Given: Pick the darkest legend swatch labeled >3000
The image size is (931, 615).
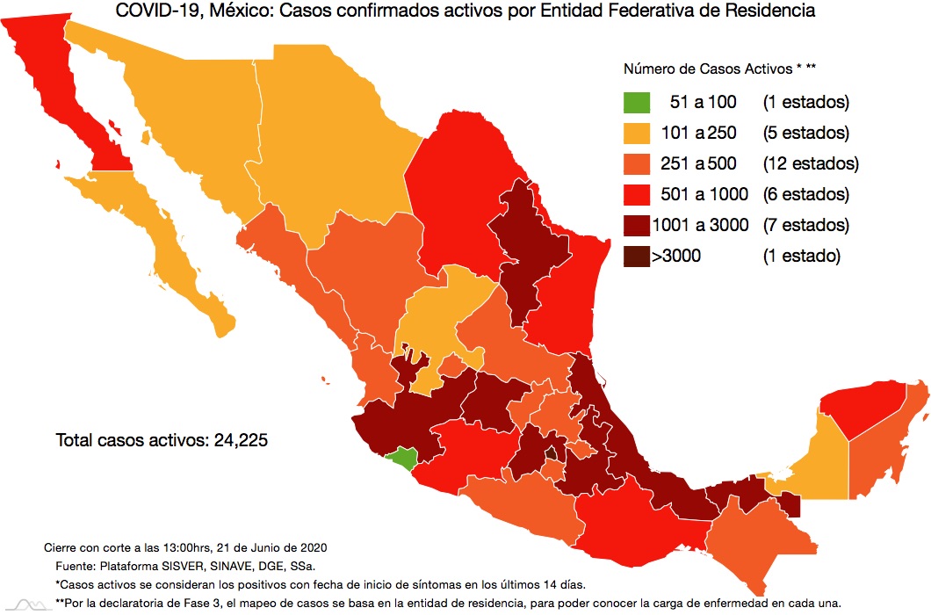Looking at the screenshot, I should pyautogui.click(x=638, y=256).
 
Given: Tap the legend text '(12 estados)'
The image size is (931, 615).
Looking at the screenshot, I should pyautogui.click(x=810, y=163).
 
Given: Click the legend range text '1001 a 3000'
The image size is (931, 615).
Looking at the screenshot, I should pyautogui.click(x=700, y=226).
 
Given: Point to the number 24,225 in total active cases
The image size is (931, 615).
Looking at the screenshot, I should pyautogui.click(x=240, y=440).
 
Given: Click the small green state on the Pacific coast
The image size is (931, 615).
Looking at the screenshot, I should pyautogui.click(x=405, y=458).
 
